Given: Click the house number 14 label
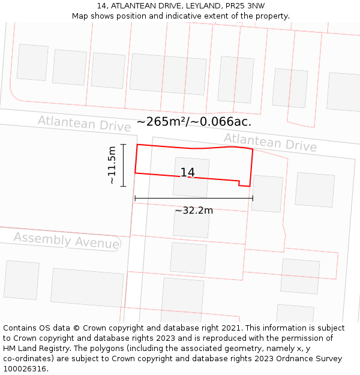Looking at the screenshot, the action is (188, 173).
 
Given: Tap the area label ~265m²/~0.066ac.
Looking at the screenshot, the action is (194, 122).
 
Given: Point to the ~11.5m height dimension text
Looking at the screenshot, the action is (112, 165).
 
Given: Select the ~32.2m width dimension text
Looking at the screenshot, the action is (194, 211).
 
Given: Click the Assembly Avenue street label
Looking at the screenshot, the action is (66, 241).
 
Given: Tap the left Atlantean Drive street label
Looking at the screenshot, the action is (84, 124).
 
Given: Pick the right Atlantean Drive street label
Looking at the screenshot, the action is (270, 142).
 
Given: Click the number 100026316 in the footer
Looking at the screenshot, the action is (25, 369).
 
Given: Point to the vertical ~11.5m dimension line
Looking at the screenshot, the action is (123, 165).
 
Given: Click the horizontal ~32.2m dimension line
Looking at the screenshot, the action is (194, 198).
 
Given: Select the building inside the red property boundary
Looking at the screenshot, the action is (191, 177).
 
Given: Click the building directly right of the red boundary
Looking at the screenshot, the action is (267, 193).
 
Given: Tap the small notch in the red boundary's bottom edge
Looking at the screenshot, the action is (240, 182).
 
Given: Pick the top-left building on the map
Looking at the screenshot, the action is (32, 62).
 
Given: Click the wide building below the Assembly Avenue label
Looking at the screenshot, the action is (87, 287).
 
